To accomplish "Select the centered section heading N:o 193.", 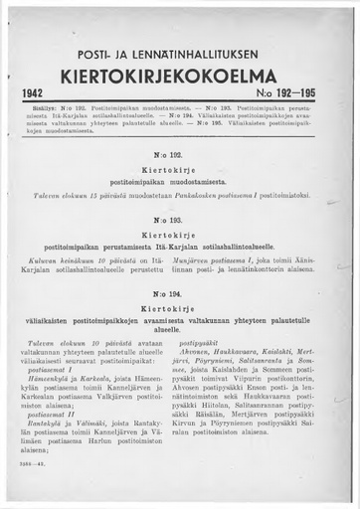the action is pyautogui.click(x=180, y=217).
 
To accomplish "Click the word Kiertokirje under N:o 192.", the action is pyautogui.click(x=180, y=171).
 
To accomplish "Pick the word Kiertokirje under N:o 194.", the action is pyautogui.click(x=180, y=308).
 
